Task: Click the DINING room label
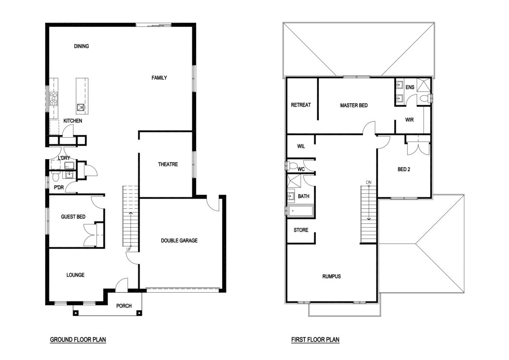coord(81,46)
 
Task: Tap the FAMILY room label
coord(159,77)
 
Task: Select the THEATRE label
coord(168,164)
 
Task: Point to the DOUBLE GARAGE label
coord(179,240)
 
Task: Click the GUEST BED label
coord(73,217)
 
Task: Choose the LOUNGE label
coord(75,275)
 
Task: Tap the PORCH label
coord(124,306)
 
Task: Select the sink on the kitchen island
coord(80,107)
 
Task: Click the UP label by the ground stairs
coord(129,249)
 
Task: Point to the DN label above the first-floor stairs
coord(368,183)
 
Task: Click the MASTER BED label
coord(354,105)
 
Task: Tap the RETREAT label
coord(301,105)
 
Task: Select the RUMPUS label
coord(332,277)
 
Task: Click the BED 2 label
coord(404,169)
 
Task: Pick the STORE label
coord(301,230)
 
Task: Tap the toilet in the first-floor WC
coord(292,166)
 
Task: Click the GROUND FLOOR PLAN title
coord(78,340)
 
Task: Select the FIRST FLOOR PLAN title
coord(315,340)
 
